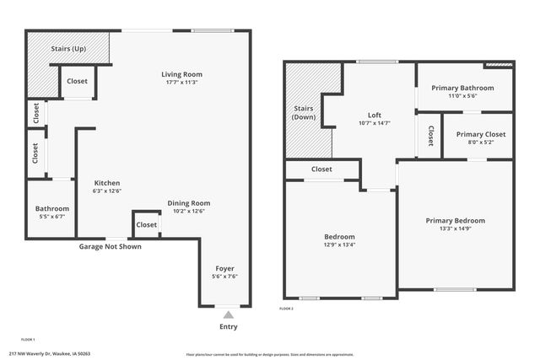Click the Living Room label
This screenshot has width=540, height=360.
pos(182,74)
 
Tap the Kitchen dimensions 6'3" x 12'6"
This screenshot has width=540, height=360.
pos(106,191)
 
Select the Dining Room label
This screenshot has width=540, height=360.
pos(188,202)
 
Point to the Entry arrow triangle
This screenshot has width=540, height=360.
pos(226,314)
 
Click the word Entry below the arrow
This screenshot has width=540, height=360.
pos(228,326)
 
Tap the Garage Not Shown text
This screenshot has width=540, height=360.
pos(110,246)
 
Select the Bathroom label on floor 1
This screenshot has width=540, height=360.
pos(51,208)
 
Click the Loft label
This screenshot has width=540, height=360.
pos(374,115)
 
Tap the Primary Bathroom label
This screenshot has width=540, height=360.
pos(462,88)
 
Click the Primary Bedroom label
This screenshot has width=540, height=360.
pos(455,220)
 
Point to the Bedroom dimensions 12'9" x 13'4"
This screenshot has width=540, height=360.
pos(340,245)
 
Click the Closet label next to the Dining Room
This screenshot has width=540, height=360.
pos(147,224)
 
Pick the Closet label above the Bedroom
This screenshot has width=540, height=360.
pos(321,169)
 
